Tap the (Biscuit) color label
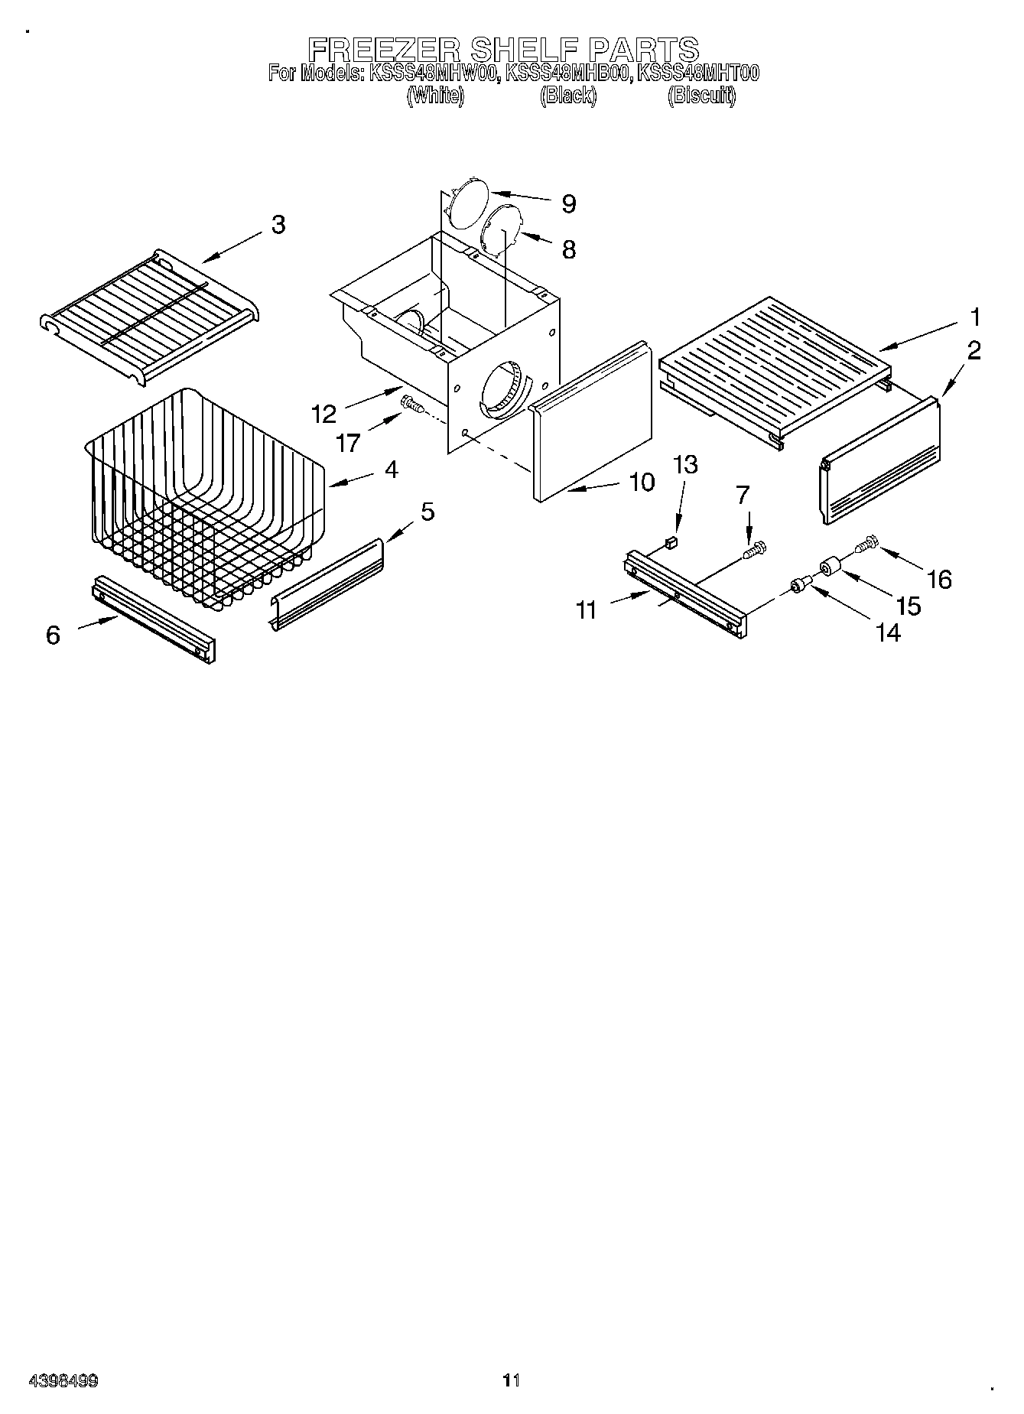701,96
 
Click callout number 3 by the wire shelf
278,225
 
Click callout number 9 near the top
568,203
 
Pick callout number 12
324,414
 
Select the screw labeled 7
756,548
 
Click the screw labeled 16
865,546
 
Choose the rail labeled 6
153,618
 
